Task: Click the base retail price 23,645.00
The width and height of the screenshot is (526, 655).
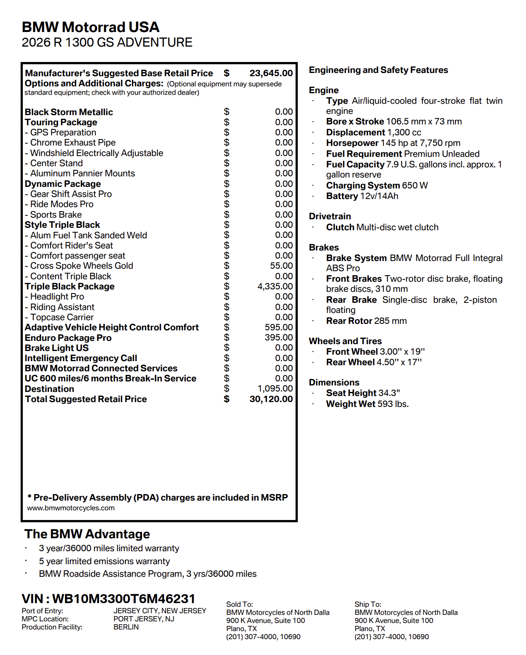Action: (x=271, y=73)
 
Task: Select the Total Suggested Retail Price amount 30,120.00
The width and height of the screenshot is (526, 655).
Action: (x=271, y=399)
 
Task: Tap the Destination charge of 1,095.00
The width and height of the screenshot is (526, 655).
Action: (x=275, y=389)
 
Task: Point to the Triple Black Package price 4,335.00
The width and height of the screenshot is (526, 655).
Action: (x=275, y=287)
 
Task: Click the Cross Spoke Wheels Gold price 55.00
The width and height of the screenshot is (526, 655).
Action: (x=281, y=266)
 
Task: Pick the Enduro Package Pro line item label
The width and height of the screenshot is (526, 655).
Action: (x=68, y=338)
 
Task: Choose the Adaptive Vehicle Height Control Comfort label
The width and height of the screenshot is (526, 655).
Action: (x=112, y=327)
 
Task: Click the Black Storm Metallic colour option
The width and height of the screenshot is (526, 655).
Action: (x=69, y=112)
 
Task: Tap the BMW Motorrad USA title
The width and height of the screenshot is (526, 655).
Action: (x=91, y=27)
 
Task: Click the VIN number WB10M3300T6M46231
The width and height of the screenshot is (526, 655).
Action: (x=124, y=599)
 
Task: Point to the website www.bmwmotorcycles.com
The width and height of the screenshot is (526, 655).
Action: (x=71, y=508)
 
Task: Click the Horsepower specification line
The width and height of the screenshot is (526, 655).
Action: (x=393, y=143)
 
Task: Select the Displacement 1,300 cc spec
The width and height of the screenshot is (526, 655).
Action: (x=373, y=133)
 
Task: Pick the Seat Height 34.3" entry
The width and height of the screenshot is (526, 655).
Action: (x=363, y=393)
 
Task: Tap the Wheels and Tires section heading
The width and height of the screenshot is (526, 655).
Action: (x=345, y=341)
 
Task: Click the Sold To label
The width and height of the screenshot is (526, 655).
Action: (x=239, y=604)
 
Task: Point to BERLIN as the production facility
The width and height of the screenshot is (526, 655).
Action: (x=126, y=627)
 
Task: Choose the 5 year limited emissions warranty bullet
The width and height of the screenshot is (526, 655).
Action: (x=104, y=561)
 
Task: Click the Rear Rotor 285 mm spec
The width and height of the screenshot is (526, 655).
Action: (x=366, y=321)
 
